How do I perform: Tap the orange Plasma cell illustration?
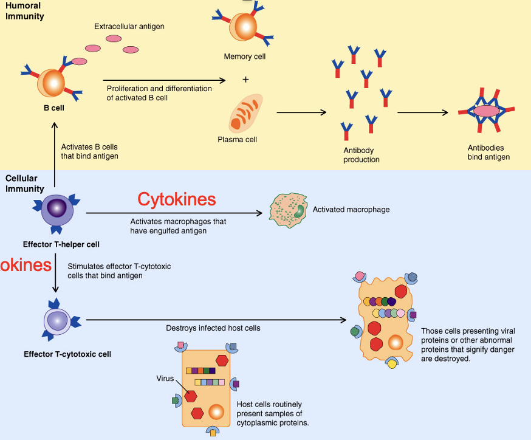(245, 112)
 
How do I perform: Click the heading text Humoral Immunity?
(24, 11)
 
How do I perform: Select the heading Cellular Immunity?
(24, 184)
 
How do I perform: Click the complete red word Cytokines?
(176, 199)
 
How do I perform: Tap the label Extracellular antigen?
(129, 27)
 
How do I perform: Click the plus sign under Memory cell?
(245, 80)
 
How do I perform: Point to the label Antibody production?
(361, 155)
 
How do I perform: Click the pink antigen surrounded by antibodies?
(487, 111)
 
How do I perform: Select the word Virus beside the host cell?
(165, 378)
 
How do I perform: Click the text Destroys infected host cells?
(213, 328)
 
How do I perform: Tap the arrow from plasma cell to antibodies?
(301, 112)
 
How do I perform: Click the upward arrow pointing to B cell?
(55, 152)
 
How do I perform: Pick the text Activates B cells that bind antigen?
(89, 151)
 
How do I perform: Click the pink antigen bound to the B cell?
(79, 61)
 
